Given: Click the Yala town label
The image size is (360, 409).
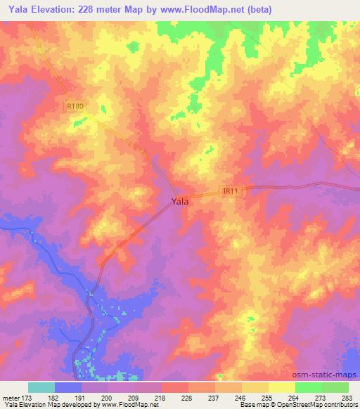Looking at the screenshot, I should pyautogui.click(x=180, y=201).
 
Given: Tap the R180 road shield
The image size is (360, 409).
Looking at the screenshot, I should pyautogui.click(x=76, y=106).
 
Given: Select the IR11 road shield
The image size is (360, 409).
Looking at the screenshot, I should pyautogui.click(x=231, y=190).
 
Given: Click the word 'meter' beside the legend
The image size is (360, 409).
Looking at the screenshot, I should pyautogui.click(x=11, y=398).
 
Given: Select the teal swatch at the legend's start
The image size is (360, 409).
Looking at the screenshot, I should pyautogui.click(x=41, y=387).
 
